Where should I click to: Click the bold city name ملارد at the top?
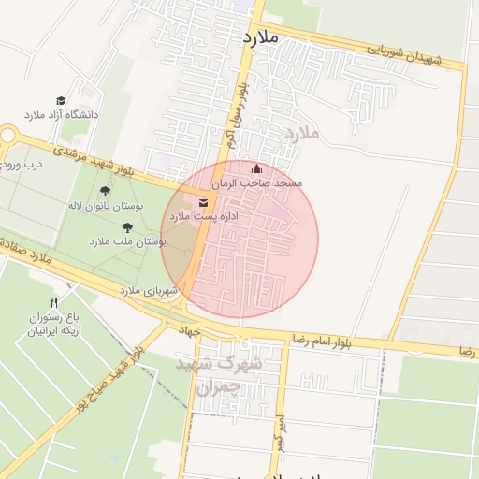(x=261, y=36)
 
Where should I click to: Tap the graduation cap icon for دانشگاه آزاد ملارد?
(x=61, y=100)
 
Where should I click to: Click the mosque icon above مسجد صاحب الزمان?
(x=257, y=170)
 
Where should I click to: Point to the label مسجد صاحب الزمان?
(x=255, y=185)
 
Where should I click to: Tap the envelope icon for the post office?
(x=204, y=202)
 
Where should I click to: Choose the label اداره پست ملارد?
(x=203, y=216)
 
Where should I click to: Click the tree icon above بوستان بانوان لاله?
(x=104, y=191)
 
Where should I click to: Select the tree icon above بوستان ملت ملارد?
(x=127, y=226)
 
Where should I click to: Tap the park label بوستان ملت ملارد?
(x=127, y=241)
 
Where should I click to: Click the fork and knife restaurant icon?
(x=53, y=302)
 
